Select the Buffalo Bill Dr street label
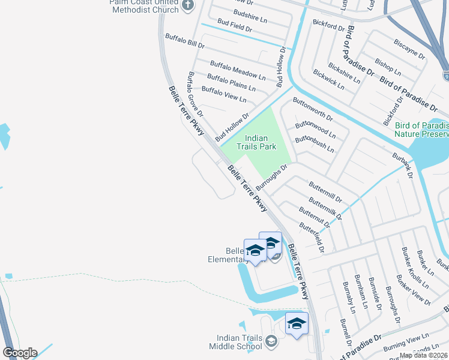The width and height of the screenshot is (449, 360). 185,41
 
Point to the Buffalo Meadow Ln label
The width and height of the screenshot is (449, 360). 237,71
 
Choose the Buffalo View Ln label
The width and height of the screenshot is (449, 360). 224,94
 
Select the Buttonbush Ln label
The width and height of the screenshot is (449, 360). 314,144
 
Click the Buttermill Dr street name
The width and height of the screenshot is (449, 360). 325,191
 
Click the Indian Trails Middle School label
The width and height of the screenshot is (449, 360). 236,342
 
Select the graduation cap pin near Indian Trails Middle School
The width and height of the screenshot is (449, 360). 297,324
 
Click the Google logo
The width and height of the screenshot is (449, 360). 20,353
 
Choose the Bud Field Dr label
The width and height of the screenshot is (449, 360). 234,25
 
